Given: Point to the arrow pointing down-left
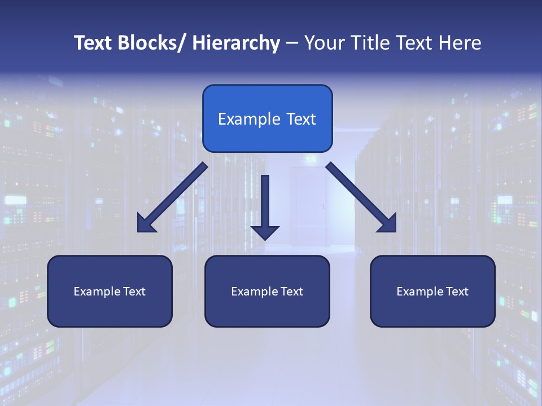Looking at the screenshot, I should click(173, 198).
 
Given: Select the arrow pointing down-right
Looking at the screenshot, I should click(361, 197).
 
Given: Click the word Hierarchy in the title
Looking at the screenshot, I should click(236, 43).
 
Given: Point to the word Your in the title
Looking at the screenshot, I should click(324, 43).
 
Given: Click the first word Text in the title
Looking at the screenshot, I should click(94, 43).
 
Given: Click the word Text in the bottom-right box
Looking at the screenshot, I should click(456, 292).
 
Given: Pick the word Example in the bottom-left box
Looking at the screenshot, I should click(97, 292).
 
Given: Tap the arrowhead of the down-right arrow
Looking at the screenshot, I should click(388, 224).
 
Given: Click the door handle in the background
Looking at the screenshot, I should click(322, 206).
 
